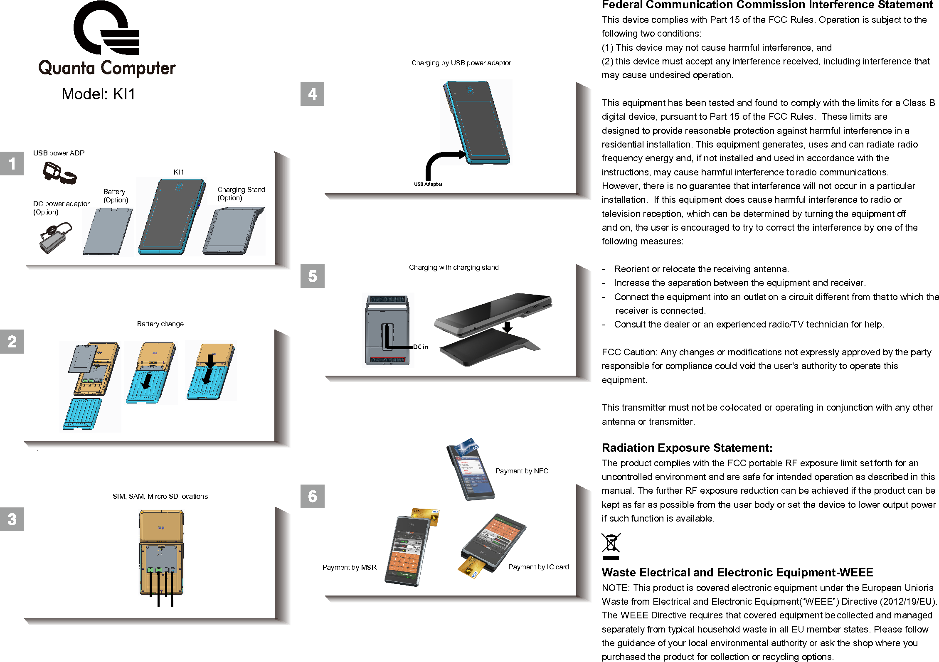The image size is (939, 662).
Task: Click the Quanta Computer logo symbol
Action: coord(106,28)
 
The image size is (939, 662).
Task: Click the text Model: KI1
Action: coord(99,94)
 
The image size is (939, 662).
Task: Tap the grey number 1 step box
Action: coord(12,163)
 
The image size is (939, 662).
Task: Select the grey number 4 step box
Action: coord(312,94)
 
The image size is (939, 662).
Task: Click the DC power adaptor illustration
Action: coord(55,237)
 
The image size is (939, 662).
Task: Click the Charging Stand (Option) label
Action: coord(241,194)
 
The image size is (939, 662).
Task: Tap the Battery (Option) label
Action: coord(116,196)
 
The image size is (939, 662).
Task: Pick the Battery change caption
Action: coord(160,324)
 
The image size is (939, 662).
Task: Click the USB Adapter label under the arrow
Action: coord(428,184)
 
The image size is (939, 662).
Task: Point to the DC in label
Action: coord(420,347)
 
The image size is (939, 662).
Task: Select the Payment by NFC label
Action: coord(521,471)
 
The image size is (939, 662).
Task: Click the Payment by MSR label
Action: coord(349,567)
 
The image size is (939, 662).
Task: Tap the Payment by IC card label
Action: coord(538,567)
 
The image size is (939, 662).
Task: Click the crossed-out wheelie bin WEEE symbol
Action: coord(611,546)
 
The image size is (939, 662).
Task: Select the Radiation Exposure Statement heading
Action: coord(687,448)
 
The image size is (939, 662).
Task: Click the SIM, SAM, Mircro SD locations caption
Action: coord(160,496)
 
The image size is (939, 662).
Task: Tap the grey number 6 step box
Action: coord(312,496)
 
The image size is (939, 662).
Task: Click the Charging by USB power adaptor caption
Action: coord(461,63)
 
